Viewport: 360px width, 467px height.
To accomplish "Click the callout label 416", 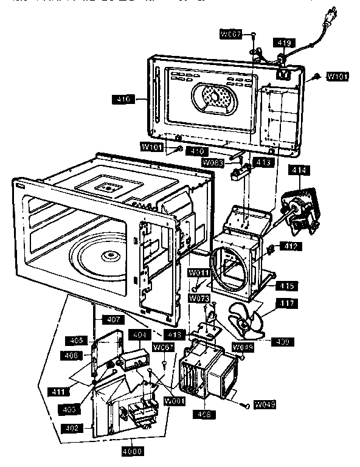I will click(x=123, y=98).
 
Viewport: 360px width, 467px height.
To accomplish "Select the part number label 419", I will click(x=285, y=43).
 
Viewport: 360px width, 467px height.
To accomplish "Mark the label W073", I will click(x=198, y=298).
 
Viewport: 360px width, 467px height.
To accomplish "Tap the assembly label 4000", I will click(x=132, y=451).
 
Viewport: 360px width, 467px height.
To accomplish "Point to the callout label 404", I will click(x=139, y=335).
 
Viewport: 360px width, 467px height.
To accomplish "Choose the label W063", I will click(x=213, y=162).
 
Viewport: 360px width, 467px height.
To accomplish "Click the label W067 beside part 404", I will click(x=163, y=347).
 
